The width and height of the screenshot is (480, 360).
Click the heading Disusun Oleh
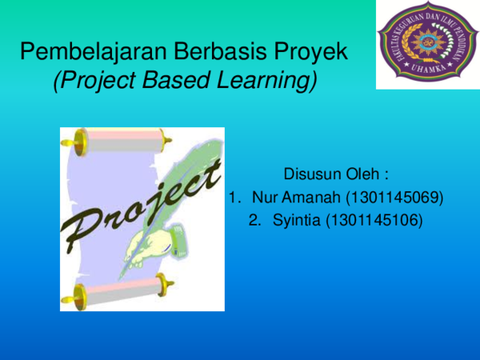coord(336,174)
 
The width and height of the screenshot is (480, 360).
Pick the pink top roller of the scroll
coord(116,143)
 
